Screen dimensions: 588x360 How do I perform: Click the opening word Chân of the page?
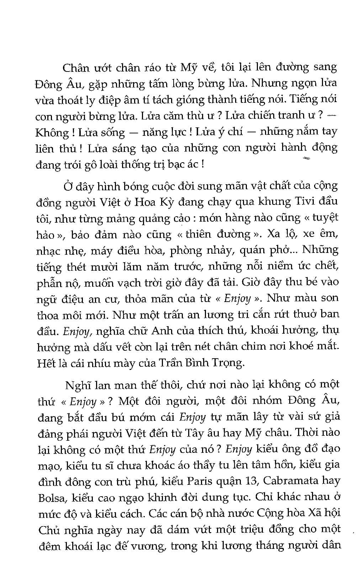tap(75, 68)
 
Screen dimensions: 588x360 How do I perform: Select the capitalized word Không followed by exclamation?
tap(51, 133)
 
